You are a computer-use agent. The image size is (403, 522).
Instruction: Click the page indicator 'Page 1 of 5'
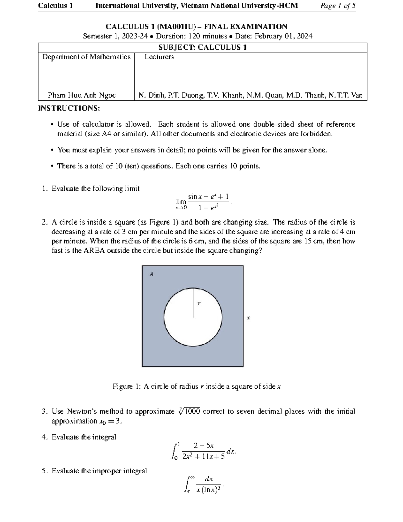click(338, 6)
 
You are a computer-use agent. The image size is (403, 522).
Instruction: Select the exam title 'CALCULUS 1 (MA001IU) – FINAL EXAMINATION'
click(196, 27)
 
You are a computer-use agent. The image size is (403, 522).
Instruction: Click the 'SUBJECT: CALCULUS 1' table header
click(203, 48)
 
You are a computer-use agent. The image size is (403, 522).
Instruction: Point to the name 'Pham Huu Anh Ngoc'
click(82, 95)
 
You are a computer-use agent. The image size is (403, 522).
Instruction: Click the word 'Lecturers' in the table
click(159, 57)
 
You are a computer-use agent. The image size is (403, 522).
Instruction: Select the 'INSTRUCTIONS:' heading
click(69, 108)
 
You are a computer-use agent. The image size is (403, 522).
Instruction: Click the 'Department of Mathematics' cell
click(86, 57)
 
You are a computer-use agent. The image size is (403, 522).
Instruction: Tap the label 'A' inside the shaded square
click(151, 274)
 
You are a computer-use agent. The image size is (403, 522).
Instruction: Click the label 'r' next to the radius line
click(199, 303)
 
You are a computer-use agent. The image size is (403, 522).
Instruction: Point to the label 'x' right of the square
click(248, 318)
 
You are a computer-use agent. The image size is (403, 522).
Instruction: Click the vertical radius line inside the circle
click(193, 303)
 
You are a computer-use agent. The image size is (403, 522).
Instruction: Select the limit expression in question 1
click(203, 202)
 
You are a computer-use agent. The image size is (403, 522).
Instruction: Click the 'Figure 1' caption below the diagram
click(196, 387)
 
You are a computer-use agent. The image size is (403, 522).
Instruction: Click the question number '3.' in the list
click(45, 412)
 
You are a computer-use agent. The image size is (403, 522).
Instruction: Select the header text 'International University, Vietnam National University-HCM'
click(196, 6)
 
